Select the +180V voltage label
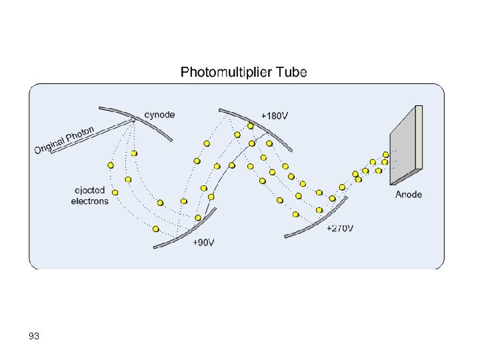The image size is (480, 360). (x=275, y=115)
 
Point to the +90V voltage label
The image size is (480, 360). (x=203, y=243)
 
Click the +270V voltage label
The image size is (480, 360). (x=340, y=229)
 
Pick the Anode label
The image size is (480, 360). (x=409, y=195)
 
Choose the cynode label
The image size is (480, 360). (x=160, y=115)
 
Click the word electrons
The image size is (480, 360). (x=89, y=201)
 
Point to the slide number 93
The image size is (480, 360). (x=34, y=337)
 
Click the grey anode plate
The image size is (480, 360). (x=403, y=147)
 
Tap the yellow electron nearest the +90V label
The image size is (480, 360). (x=198, y=218)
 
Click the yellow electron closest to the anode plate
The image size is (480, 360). (x=385, y=155)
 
